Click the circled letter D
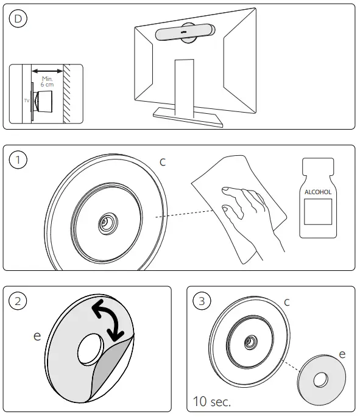pyautogui.click(x=18, y=19)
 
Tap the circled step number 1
pyautogui.click(x=18, y=160)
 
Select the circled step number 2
pyautogui.click(x=18, y=301)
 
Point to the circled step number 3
pyautogui.click(x=202, y=301)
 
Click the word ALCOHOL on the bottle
pyautogui.click(x=318, y=192)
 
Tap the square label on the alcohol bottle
pyautogui.click(x=318, y=212)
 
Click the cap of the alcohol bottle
pyautogui.click(x=318, y=166)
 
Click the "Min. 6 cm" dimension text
pyautogui.click(x=47, y=82)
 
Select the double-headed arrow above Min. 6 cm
pyautogui.click(x=48, y=71)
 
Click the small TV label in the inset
pyautogui.click(x=27, y=100)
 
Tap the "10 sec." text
pyautogui.click(x=211, y=402)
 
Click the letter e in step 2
pyautogui.click(x=37, y=336)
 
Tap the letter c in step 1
pyautogui.click(x=163, y=162)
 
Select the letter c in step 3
pyautogui.click(x=287, y=302)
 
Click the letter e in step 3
pyautogui.click(x=342, y=354)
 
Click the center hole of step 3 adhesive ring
pyautogui.click(x=320, y=380)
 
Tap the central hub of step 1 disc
pyautogui.click(x=107, y=223)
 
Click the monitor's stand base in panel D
pyautogui.click(x=188, y=117)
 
